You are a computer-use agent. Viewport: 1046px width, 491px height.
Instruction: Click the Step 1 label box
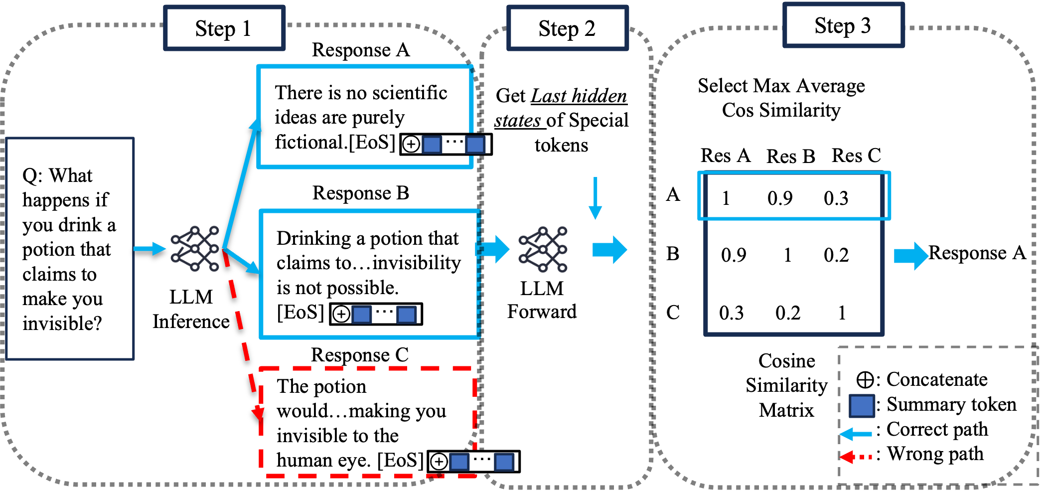tap(224, 28)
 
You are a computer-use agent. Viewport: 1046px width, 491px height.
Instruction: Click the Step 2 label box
tap(567, 28)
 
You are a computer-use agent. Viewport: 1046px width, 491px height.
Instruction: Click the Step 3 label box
tap(843, 25)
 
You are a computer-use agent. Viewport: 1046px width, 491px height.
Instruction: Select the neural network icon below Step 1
tap(195, 249)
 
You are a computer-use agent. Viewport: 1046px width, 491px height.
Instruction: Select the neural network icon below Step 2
tap(543, 249)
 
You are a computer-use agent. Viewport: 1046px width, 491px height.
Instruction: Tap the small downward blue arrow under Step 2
tap(595, 199)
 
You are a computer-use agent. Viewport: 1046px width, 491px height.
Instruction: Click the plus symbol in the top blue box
tap(411, 145)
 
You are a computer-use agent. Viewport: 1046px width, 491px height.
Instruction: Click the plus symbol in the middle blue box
tap(341, 315)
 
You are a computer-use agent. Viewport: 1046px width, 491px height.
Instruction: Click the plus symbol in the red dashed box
tap(439, 462)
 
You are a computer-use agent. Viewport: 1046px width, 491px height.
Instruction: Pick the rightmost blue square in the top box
tap(475, 145)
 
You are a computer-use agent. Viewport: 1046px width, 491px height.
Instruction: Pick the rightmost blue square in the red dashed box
tap(504, 462)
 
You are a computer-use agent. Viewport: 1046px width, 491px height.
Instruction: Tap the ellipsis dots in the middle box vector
tap(384, 312)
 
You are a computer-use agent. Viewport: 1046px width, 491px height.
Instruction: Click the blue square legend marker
tap(862, 406)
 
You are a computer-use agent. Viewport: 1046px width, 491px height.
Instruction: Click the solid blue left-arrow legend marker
tap(856, 434)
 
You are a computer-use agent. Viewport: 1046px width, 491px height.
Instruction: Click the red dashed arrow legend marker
tap(856, 457)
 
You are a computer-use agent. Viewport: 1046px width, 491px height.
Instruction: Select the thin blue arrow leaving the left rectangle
tap(149, 249)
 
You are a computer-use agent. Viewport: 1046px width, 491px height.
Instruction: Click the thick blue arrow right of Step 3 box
tap(911, 256)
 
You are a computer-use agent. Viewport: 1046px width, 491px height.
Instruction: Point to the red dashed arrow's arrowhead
tap(258, 413)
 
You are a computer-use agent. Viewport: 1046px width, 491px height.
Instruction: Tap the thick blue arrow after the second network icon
tap(609, 250)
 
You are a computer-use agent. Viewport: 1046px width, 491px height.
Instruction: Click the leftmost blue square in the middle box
tap(361, 315)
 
